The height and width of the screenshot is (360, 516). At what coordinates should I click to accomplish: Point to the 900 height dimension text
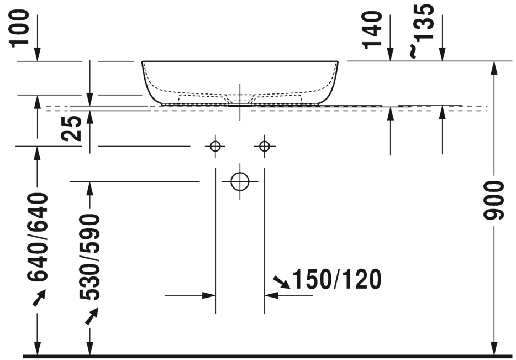tap(495, 200)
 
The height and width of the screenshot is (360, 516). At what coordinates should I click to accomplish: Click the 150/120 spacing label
tap(336, 280)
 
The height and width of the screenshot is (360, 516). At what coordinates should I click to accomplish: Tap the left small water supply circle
tap(215, 146)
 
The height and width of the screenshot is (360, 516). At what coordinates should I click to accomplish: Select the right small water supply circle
tap(265, 146)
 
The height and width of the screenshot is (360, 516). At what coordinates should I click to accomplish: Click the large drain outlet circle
tap(240, 181)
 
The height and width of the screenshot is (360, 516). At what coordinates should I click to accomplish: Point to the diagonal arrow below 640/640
tap(38, 299)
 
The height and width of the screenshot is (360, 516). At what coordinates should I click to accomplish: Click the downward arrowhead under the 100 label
tap(38, 54)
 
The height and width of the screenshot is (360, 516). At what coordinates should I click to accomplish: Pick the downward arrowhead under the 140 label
tap(391, 54)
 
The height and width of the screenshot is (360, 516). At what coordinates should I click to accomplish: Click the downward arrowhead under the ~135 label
tap(442, 54)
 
